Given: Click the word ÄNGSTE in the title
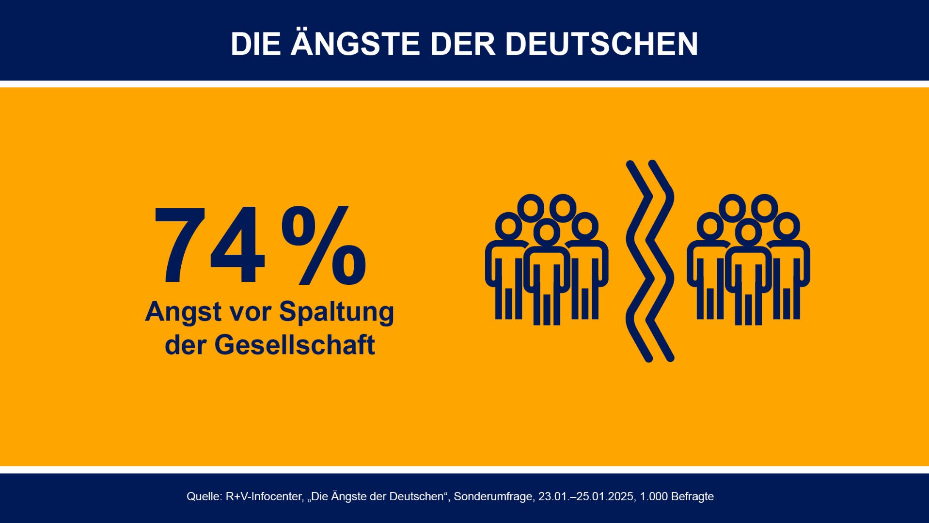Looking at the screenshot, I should click(355, 45).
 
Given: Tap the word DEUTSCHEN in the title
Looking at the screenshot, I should click(601, 45).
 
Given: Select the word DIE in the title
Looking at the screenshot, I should click(255, 45).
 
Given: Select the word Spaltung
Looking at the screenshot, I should click(336, 312).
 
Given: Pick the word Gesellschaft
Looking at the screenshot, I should click(295, 345).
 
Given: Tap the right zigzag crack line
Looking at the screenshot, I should click(661, 261).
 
